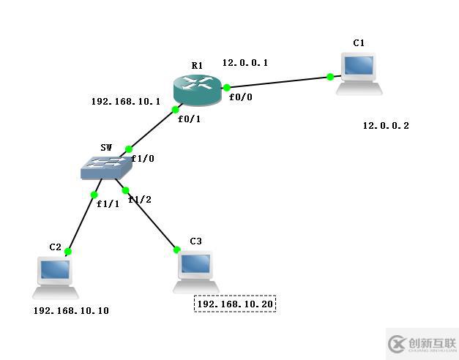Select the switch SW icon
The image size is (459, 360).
tap(106, 168)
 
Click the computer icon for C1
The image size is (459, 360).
tap(359, 73)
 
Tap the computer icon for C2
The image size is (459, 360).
tap(56, 277)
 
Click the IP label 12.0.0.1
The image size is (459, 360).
tap(245, 63)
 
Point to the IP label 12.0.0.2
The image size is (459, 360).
tap(386, 126)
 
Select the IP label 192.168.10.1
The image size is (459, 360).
tap(125, 102)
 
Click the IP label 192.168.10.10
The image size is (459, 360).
tap(71, 311)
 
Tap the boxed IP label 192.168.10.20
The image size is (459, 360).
tap(235, 304)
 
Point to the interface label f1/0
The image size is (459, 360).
tap(143, 158)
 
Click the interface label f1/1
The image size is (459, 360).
tap(108, 203)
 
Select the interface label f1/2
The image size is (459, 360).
tap(140, 199)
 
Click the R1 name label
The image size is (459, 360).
tap(197, 66)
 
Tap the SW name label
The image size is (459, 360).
tap(106, 148)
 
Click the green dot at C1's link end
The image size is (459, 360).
tap(330, 77)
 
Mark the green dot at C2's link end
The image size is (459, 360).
tap(67, 252)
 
